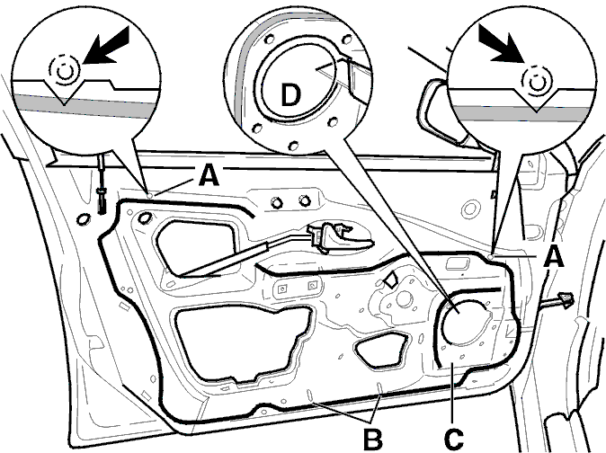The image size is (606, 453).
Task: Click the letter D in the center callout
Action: [x=290, y=95]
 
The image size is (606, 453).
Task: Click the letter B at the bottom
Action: [x=373, y=439]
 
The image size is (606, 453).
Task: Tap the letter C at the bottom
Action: [x=454, y=439]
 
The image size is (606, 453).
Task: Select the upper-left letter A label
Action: [x=209, y=175]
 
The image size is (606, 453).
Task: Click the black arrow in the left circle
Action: [x=107, y=47]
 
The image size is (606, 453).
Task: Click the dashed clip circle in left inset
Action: [x=64, y=70]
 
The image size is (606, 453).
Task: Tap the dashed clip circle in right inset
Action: [x=536, y=82]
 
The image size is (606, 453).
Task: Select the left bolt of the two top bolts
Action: [x=275, y=202]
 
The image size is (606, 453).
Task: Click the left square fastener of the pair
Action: [x=283, y=289]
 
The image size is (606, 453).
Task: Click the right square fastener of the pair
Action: [x=312, y=286]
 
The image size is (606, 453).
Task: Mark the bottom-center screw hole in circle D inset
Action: [x=293, y=145]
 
